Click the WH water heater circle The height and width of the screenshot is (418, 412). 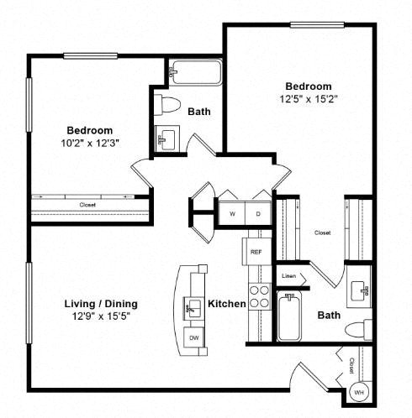point(359,392)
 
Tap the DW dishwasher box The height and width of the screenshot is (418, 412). point(193,337)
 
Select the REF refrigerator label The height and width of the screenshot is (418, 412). point(256,252)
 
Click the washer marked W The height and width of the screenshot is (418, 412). point(232,213)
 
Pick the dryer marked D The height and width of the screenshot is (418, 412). point(258,213)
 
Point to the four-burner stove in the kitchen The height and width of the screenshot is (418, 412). point(260,296)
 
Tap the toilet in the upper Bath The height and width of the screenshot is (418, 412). point(167,105)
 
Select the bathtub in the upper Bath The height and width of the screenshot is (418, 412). point(197,72)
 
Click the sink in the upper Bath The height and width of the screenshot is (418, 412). point(167,138)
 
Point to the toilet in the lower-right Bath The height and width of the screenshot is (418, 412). point(358,330)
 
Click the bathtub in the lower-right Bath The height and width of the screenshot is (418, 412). point(289,316)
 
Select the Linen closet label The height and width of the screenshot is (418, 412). point(288,276)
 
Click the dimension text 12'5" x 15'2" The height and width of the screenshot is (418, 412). point(309,99)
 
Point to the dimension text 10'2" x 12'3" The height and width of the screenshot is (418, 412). point(90,144)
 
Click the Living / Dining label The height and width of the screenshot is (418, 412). point(101,304)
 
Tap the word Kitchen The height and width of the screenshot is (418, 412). point(227,304)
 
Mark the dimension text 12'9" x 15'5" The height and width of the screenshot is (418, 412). point(101,316)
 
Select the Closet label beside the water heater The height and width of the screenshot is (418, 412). point(351,366)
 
